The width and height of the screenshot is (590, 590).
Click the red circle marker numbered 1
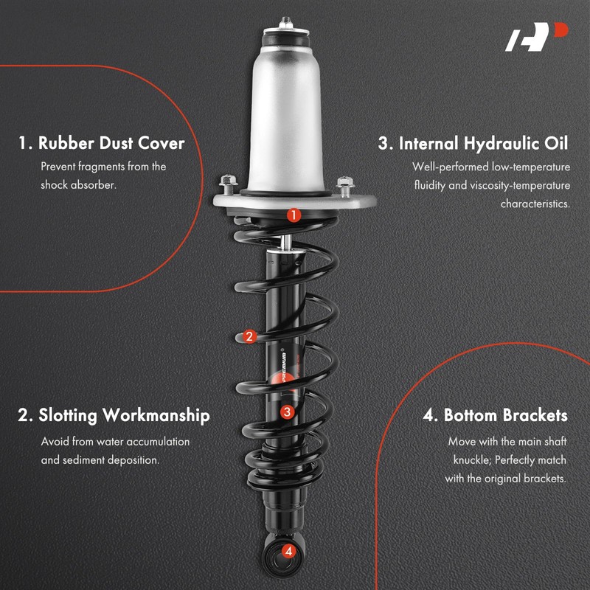(294, 215)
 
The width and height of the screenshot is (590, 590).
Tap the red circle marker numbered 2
(249, 336)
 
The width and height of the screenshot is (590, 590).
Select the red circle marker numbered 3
(287, 413)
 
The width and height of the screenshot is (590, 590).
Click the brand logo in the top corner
(536, 38)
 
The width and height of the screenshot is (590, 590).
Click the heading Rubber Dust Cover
(101, 142)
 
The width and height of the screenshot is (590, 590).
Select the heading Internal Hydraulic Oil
(473, 143)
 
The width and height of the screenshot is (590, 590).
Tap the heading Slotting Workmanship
(114, 415)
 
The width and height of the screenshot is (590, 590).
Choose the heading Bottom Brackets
(495, 415)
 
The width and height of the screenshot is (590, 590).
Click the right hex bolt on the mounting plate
(344, 183)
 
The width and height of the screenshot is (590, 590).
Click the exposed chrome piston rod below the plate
(285, 239)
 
